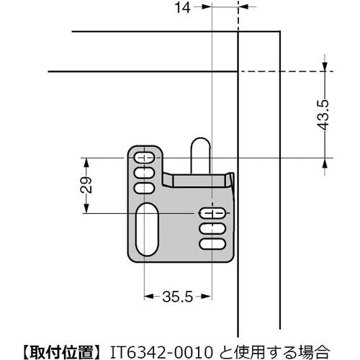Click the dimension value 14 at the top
(x=183, y=8)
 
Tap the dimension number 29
(x=84, y=185)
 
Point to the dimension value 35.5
(x=178, y=296)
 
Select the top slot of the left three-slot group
(x=144, y=158)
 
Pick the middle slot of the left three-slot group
(x=144, y=173)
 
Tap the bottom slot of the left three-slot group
(x=144, y=187)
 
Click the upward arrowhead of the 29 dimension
(x=86, y=163)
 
